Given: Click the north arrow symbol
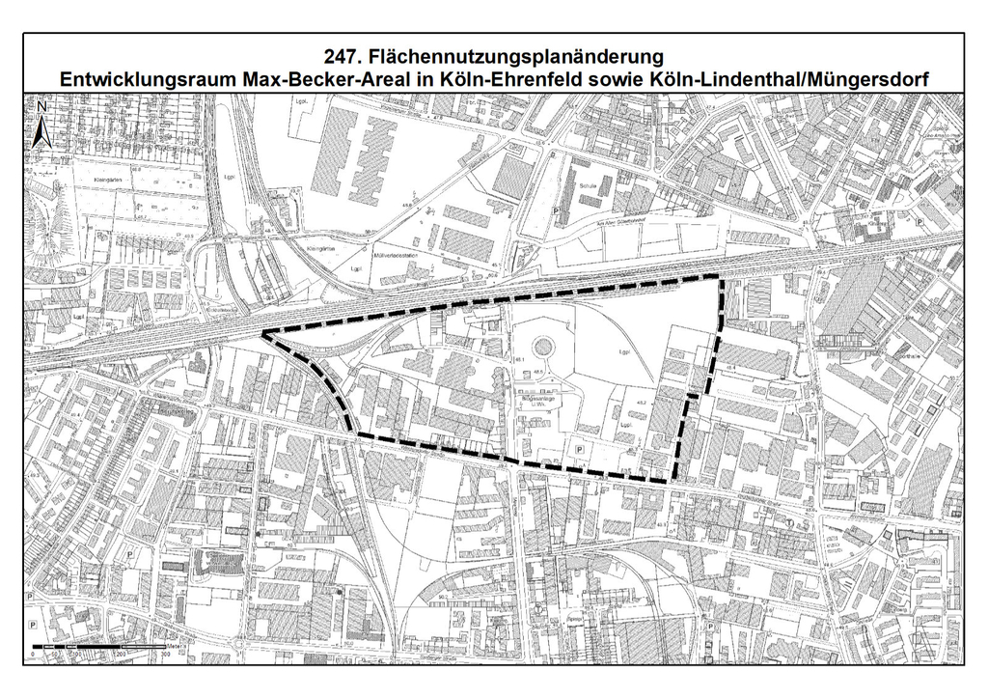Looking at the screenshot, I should click(x=41, y=125).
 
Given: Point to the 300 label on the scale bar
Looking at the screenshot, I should click(x=165, y=654).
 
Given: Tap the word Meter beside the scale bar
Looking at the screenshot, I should click(x=177, y=644).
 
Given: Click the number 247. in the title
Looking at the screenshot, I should click(x=343, y=57).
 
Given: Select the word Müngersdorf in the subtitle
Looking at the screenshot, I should click(x=873, y=79).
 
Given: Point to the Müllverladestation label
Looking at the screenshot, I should click(x=397, y=256).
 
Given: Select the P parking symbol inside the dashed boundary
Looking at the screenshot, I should click(x=578, y=450).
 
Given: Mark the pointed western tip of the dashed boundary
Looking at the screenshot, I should click(x=263, y=334).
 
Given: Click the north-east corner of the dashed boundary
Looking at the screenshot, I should click(x=720, y=277).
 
